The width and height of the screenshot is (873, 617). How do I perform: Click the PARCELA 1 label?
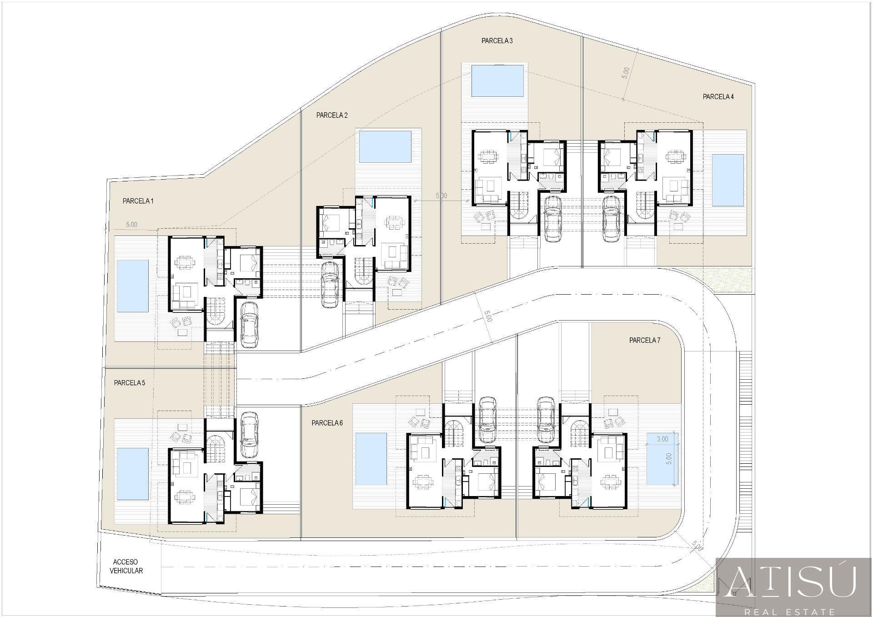pyautogui.click(x=138, y=201)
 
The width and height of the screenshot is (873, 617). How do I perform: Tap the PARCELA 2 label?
pyautogui.click(x=332, y=115)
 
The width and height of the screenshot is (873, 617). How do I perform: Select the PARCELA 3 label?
pyautogui.click(x=497, y=41)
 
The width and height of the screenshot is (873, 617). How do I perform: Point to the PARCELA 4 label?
pyautogui.click(x=718, y=97)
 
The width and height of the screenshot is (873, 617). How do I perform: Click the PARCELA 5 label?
pyautogui.click(x=130, y=383)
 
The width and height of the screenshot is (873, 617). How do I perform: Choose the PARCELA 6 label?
pyautogui.click(x=327, y=423)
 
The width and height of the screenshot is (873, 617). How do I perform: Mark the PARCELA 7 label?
pyautogui.click(x=645, y=340)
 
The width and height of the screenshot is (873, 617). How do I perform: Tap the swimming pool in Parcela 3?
pyautogui.click(x=497, y=81)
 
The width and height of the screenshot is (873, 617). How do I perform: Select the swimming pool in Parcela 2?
pyautogui.click(x=385, y=147)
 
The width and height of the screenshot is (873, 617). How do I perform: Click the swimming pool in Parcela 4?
pyautogui.click(x=727, y=180)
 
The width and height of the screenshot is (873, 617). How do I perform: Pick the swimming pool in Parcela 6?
pyautogui.click(x=371, y=459)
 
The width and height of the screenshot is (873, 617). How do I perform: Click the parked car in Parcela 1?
pyautogui.click(x=249, y=325)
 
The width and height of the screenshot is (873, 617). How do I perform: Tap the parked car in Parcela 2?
pyautogui.click(x=330, y=285)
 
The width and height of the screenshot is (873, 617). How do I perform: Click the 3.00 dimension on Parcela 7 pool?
pyautogui.click(x=662, y=439)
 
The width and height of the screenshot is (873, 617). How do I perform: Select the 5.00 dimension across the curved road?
pyautogui.click(x=487, y=316)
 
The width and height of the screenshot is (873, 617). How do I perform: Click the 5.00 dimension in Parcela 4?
pyautogui.click(x=626, y=73)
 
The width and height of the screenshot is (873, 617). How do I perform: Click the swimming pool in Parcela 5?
pyautogui.click(x=132, y=473)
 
